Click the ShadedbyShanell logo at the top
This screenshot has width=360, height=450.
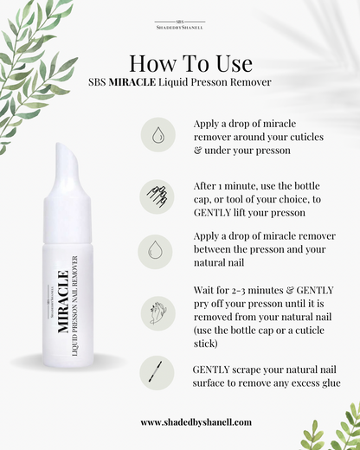click(x=180, y=25)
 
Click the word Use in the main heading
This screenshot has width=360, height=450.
click(x=234, y=63)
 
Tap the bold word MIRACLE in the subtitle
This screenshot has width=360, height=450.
click(x=132, y=82)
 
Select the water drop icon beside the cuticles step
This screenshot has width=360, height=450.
click(x=157, y=135)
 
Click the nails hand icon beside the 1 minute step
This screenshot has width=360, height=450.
click(x=157, y=196)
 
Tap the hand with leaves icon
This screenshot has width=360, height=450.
click(x=157, y=313)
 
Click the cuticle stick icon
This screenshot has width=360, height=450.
click(x=155, y=371)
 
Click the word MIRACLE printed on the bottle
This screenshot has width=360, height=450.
click(x=63, y=302)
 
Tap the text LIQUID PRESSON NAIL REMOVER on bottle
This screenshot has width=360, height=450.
click(x=74, y=305)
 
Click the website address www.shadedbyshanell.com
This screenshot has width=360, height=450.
click(x=196, y=422)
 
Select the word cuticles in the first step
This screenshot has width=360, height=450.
click(x=306, y=137)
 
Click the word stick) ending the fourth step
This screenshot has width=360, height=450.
click(x=205, y=344)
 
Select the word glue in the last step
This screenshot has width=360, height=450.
click(x=331, y=383)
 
